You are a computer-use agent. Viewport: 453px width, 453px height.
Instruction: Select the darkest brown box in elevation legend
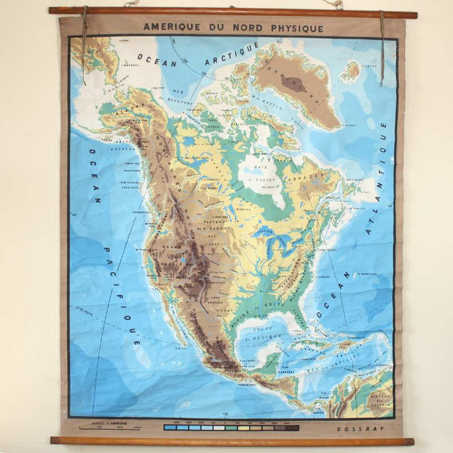(x=292, y=428)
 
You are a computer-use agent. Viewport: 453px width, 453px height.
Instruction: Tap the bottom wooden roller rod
(x=232, y=441)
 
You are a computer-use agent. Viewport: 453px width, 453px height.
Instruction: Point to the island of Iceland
(x=352, y=71)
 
